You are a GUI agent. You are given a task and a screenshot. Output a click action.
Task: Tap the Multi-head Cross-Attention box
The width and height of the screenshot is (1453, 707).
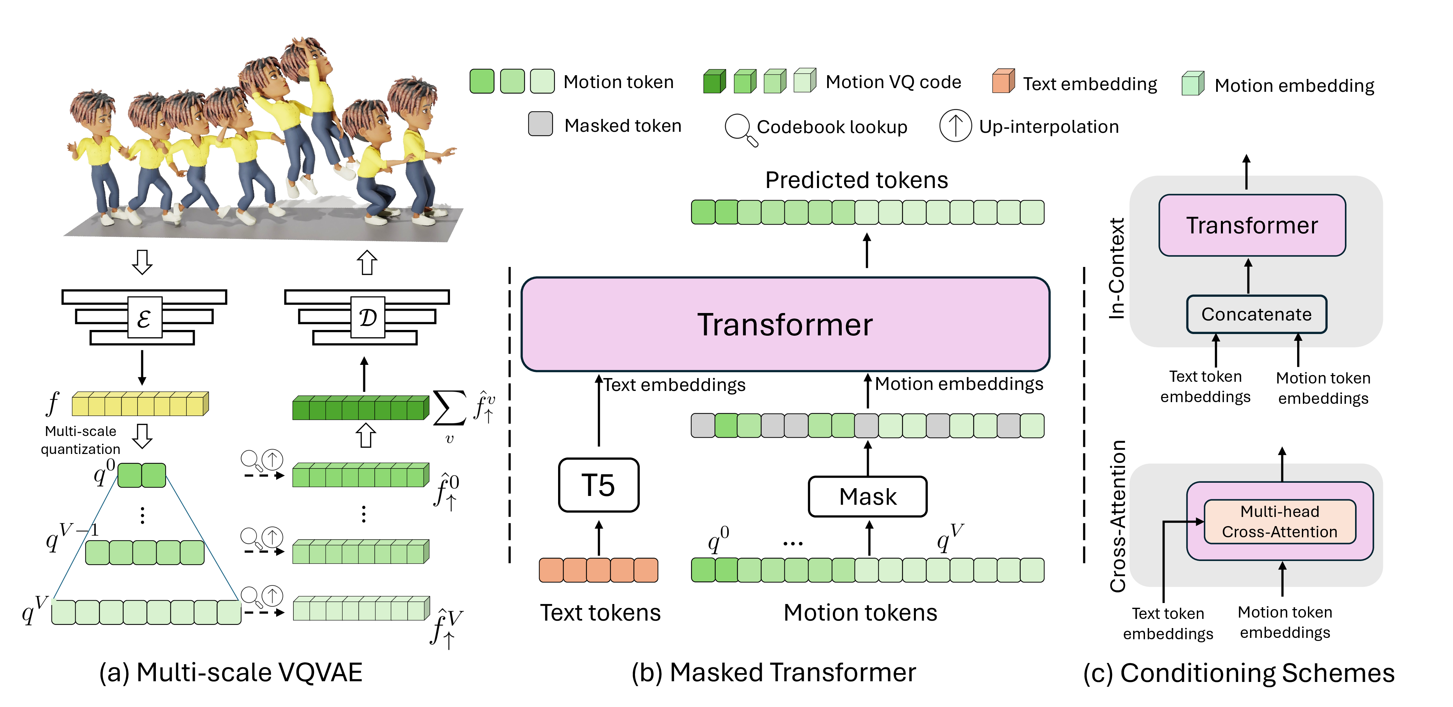(x=1279, y=521)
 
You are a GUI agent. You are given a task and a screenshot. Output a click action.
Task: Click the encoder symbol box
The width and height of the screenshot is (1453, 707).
(x=144, y=318)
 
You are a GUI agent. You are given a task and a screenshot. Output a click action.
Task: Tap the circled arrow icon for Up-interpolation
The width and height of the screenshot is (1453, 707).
(x=955, y=126)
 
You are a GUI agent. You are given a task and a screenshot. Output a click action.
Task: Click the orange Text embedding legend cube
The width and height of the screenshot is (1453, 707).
(x=1003, y=82)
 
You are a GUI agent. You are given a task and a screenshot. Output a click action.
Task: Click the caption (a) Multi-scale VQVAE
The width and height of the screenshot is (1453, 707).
(x=231, y=672)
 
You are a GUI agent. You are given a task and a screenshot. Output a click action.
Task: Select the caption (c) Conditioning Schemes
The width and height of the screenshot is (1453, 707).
(x=1239, y=672)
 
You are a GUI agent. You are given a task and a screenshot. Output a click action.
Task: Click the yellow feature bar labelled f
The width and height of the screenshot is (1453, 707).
(x=140, y=404)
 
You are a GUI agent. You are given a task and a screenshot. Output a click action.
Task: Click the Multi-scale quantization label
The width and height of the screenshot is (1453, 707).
(x=81, y=440)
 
